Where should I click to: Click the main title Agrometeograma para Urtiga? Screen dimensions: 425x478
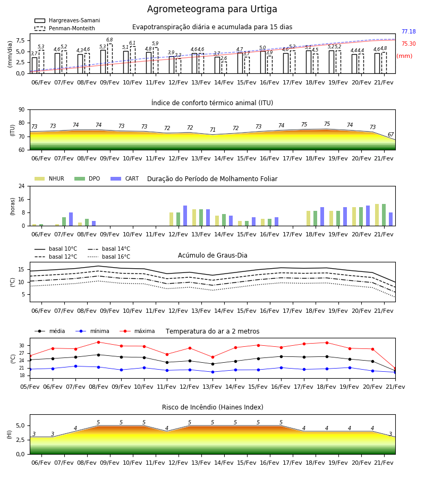tap(212, 9)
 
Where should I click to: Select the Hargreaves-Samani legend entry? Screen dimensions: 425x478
tap(67, 20)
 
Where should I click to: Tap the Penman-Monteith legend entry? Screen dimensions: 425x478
tap(65, 28)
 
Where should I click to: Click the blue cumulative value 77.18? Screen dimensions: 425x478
tap(409, 31)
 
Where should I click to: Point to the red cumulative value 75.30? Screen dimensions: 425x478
tap(409, 44)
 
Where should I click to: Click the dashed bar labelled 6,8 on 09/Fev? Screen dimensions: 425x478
tap(110, 58)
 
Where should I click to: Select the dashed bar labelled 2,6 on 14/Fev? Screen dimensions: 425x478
tap(224, 67)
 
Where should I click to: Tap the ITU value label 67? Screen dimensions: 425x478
tap(390, 134)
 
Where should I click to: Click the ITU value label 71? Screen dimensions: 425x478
tap(212, 130)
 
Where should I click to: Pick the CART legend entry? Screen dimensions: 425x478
tap(125, 178)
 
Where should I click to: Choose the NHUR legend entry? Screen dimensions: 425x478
tap(49, 178)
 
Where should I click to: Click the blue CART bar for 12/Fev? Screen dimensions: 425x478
tap(185, 216)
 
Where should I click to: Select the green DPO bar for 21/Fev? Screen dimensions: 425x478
tap(384, 215)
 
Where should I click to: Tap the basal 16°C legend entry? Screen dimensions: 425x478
tap(109, 257)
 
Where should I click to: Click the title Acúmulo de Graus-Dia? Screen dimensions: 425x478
tap(212, 255)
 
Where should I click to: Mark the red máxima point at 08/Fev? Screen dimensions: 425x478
tap(98, 342)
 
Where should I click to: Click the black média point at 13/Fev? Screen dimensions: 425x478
tap(213, 364)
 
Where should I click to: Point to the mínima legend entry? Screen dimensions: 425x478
tap(92, 331)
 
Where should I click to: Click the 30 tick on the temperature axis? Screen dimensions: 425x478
tap(22, 346)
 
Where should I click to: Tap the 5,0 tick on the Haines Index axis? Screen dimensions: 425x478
tap(21, 425)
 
